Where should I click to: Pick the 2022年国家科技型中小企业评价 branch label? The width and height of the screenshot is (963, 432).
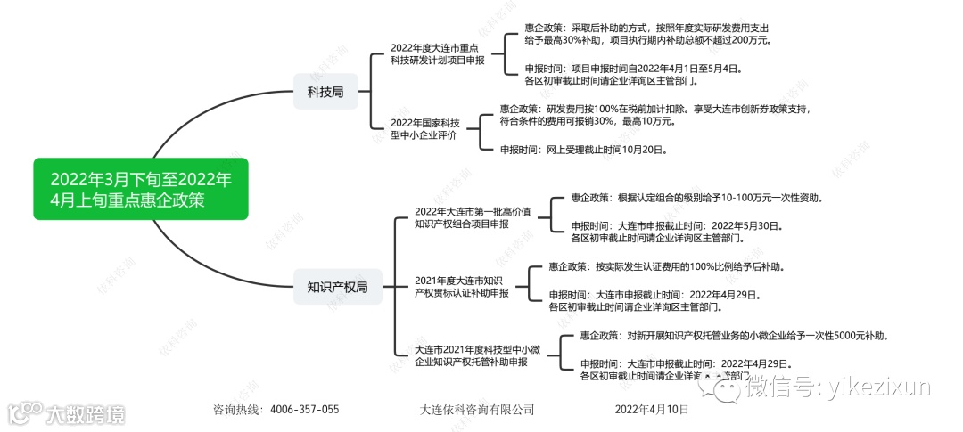pos(424,128)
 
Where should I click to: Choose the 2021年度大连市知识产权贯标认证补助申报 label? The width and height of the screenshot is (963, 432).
pos(461,287)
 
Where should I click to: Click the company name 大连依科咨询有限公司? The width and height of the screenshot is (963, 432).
pos(476,410)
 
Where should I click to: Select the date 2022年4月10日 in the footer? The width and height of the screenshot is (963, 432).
pos(652,410)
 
